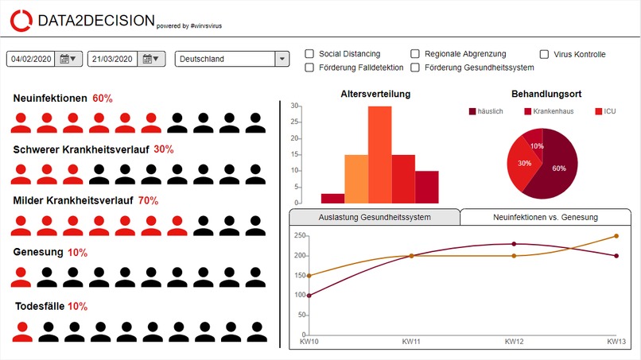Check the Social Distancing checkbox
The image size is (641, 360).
(x=309, y=54)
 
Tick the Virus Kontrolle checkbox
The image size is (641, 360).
(x=544, y=54)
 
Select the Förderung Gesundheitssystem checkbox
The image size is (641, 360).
(x=415, y=68)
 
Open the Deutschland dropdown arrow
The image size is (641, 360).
(x=282, y=59)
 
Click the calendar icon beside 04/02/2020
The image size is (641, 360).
(x=68, y=59)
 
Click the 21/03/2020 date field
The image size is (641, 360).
(x=112, y=59)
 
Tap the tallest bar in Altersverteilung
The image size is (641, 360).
(x=380, y=155)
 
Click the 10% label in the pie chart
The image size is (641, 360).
(x=537, y=146)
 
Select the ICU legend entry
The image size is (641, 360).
(x=605, y=111)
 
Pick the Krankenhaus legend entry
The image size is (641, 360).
(x=549, y=111)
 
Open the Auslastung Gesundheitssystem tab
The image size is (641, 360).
(x=375, y=217)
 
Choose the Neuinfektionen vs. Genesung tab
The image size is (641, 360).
(x=546, y=217)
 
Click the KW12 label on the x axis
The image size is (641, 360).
(x=514, y=342)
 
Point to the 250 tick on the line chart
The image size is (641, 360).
(x=300, y=235)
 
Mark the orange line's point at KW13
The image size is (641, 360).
(x=616, y=236)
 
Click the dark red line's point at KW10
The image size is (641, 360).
(x=309, y=296)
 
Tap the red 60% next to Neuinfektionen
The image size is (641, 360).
(x=103, y=99)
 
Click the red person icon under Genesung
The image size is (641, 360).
(x=21, y=277)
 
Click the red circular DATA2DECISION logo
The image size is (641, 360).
(x=21, y=21)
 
